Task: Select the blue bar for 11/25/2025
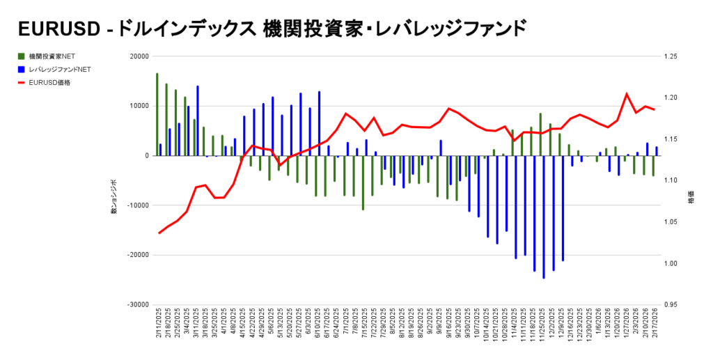[x=544, y=217]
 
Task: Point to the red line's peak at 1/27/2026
[x=627, y=94]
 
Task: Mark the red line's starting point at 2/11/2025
[x=159, y=233]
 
